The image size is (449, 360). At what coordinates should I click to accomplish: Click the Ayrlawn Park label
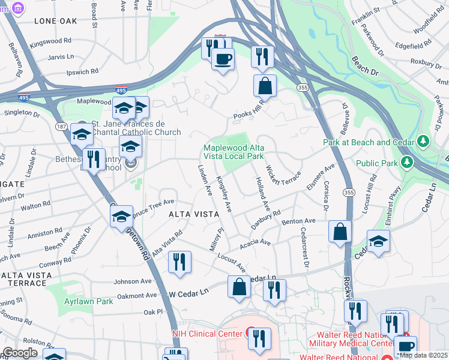click(x=89, y=301)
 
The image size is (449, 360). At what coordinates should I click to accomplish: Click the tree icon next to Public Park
click(x=407, y=163)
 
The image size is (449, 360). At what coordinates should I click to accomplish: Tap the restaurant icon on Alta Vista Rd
click(x=179, y=262)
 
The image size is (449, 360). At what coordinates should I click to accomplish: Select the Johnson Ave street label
click(x=133, y=281)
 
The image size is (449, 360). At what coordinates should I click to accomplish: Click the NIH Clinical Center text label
click(x=207, y=334)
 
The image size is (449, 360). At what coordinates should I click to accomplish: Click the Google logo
click(x=20, y=352)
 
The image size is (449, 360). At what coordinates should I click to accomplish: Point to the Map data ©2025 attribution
click(x=423, y=355)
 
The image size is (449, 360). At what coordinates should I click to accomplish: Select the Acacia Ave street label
click(x=256, y=244)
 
